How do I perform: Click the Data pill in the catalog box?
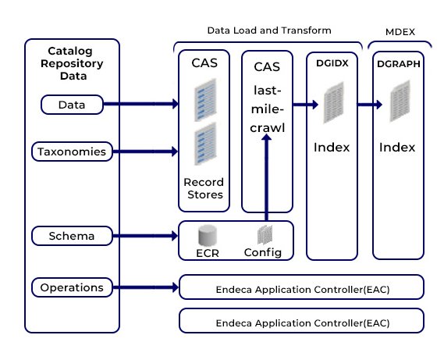(x=72, y=105)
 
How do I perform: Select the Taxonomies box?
(x=72, y=151)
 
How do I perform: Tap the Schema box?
(x=72, y=236)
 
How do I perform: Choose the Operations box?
(x=72, y=287)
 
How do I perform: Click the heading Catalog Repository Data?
(x=72, y=63)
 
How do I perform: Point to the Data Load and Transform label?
(x=269, y=30)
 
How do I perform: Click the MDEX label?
(x=400, y=32)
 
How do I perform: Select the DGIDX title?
(x=332, y=63)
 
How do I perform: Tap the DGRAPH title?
(x=399, y=64)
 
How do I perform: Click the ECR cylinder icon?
(x=208, y=235)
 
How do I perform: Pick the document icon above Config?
(x=265, y=235)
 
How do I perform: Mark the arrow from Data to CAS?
(x=140, y=104)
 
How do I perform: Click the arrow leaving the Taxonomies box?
(x=145, y=151)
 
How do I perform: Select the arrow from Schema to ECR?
(x=145, y=236)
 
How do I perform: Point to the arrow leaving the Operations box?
(x=146, y=287)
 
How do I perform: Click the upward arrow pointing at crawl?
(x=266, y=177)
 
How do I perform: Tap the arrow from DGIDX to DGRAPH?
(x=370, y=105)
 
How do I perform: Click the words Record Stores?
(x=204, y=188)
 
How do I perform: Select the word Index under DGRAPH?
(x=397, y=148)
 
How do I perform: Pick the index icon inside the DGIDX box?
(x=334, y=102)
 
